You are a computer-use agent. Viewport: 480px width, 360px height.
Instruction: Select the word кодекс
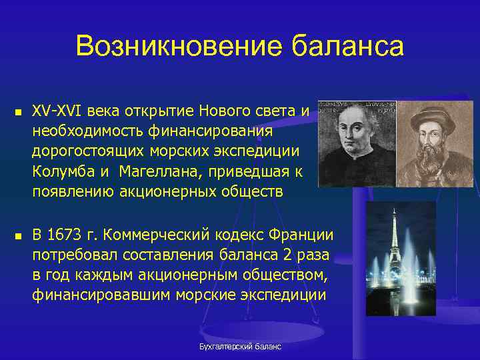tap(238, 235)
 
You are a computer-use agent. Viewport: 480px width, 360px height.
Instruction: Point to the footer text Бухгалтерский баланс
tap(241, 347)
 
